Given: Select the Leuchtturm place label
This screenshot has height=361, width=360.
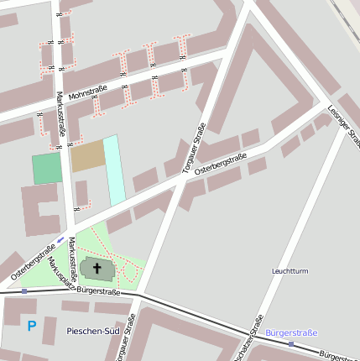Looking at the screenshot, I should tap(290, 271).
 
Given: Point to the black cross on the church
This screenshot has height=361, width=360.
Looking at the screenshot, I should tap(97, 269).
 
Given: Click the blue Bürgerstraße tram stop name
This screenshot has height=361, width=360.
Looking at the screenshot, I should tap(291, 332).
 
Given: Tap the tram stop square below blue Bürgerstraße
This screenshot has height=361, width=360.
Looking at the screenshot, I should tap(291, 343).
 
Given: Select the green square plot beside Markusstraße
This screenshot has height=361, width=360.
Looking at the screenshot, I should tap(47, 168).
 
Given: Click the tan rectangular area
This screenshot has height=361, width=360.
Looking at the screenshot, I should tap(87, 156).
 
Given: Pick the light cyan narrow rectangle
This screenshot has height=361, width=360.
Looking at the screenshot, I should tap(114, 170).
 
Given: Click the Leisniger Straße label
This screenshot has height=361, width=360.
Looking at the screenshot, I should tap(345, 123).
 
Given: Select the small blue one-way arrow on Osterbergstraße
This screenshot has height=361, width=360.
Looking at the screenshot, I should tap(60, 240).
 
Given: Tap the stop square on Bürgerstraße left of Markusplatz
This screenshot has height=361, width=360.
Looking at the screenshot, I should tap(24, 290).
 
